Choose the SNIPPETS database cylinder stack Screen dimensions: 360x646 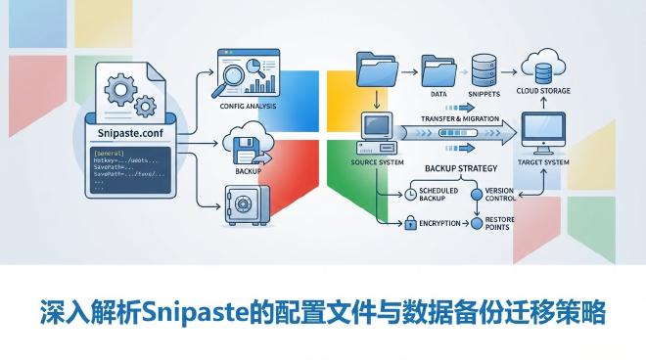[x=482, y=67]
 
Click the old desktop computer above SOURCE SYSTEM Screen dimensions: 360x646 [x=377, y=129]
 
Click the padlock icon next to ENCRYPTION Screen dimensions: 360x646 [x=411, y=224]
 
